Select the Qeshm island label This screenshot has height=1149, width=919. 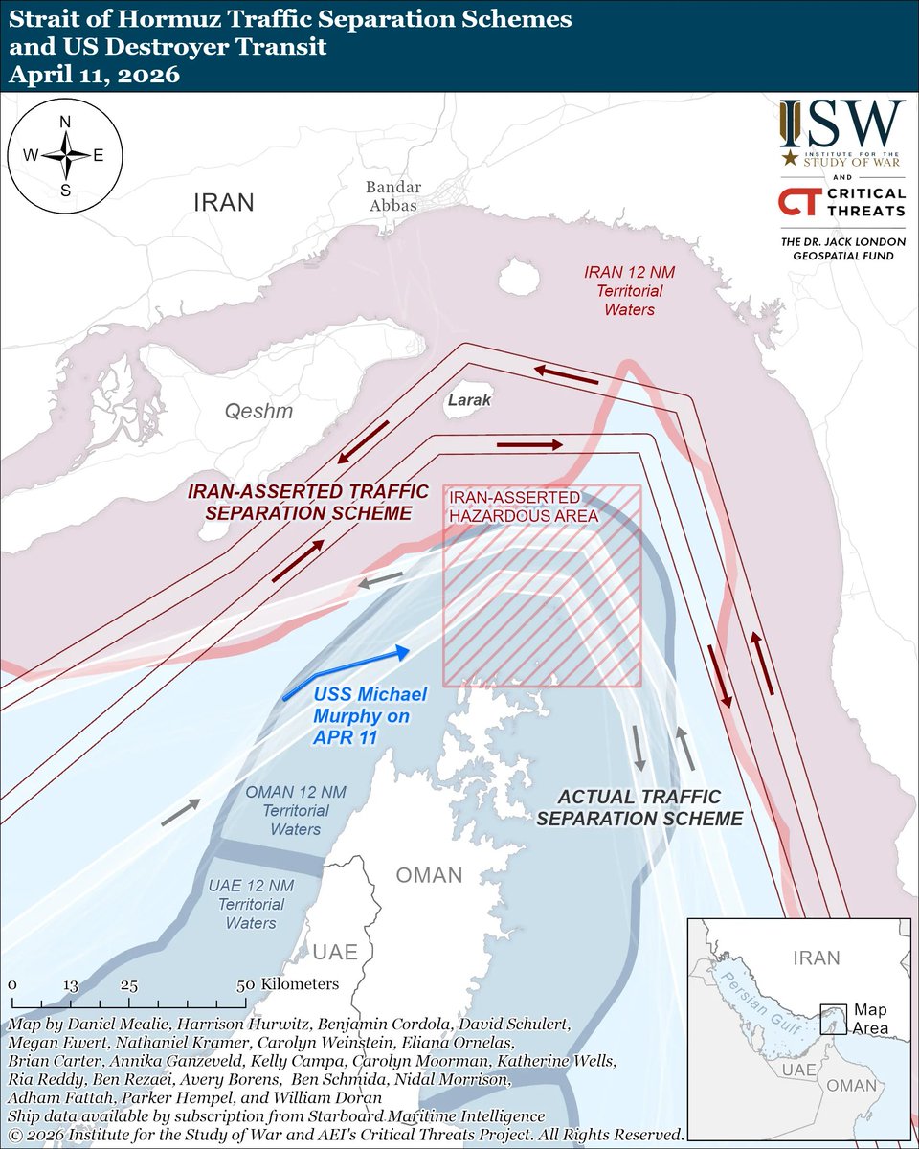pos(258,412)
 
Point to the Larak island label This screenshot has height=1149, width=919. pos(470,400)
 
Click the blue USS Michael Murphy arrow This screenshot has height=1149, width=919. pos(349,672)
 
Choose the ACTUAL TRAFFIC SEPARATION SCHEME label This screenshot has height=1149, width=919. pos(639,807)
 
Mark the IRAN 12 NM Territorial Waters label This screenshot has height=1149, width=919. pos(623,290)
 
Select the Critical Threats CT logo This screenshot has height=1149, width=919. pos(798,203)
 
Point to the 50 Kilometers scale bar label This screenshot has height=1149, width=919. pos(288,983)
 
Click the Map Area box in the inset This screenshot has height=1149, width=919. pos(833,1017)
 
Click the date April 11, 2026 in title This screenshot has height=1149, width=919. pos(93,75)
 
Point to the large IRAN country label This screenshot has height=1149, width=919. pos(224,202)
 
